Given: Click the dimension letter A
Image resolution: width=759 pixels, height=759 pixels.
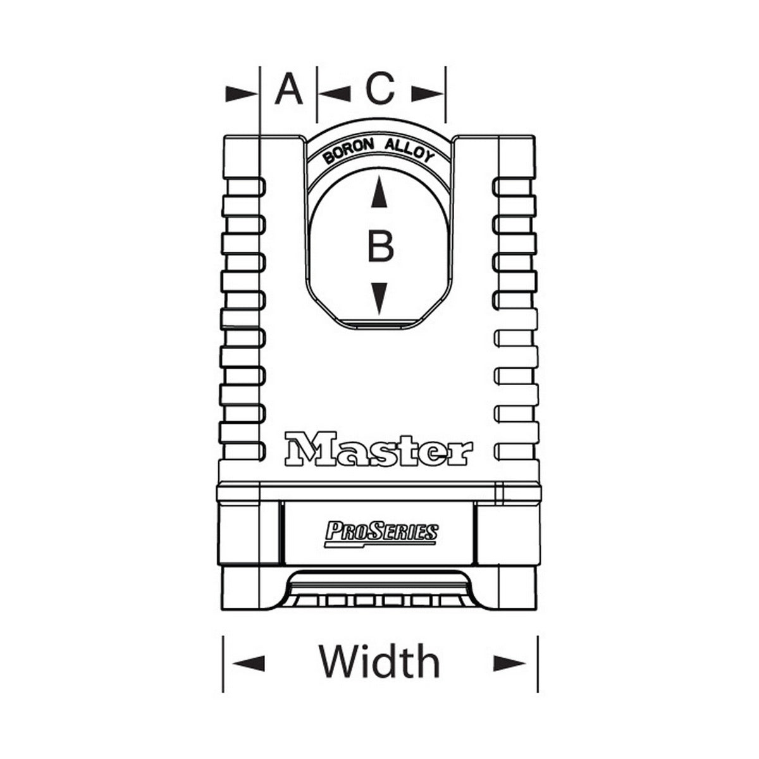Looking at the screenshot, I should click(x=288, y=90).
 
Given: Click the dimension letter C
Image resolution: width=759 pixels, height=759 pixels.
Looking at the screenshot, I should click(x=380, y=90).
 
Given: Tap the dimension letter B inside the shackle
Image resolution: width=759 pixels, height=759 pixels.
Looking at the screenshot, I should click(x=380, y=246).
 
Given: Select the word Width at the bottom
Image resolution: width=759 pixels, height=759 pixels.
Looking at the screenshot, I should click(x=379, y=662).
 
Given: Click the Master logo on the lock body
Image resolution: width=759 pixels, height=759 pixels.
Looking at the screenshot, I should click(x=378, y=449).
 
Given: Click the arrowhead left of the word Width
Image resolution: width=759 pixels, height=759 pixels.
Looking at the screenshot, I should click(x=249, y=663).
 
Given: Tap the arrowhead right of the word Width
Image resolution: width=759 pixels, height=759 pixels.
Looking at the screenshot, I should click(x=510, y=663).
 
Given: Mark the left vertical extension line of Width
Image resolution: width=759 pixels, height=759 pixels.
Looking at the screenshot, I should click(x=223, y=664).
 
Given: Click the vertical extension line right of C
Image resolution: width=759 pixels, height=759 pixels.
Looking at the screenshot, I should click(x=446, y=95).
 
